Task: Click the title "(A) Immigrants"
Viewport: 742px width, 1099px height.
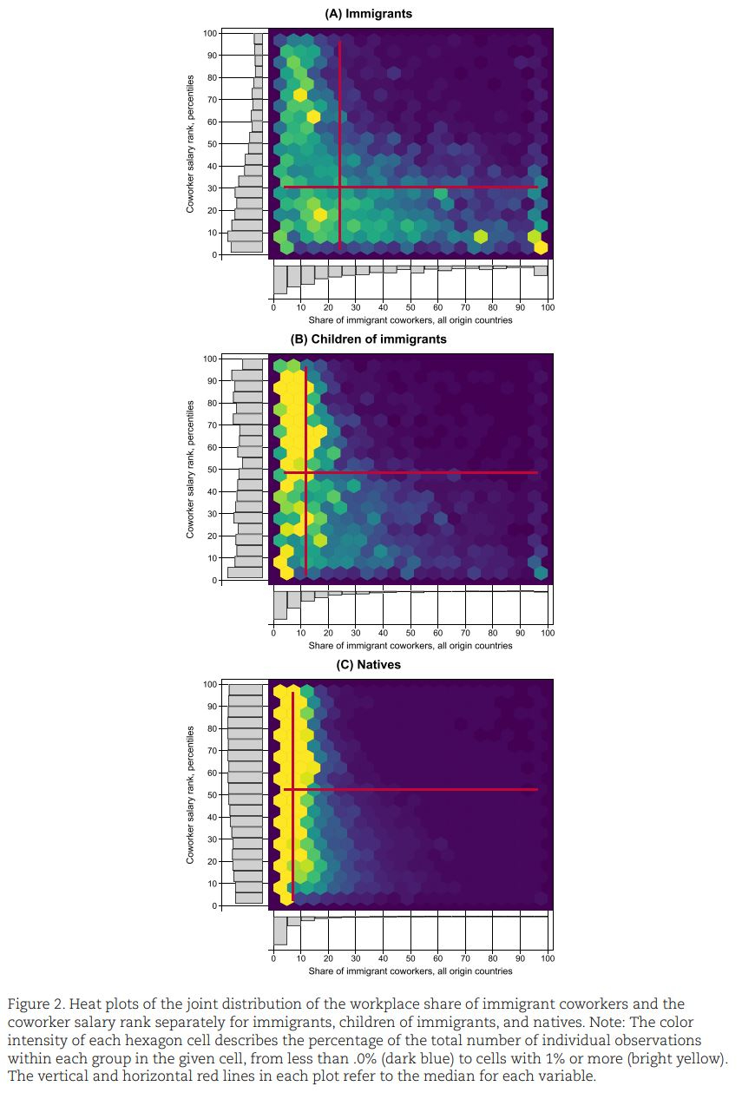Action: click(x=368, y=14)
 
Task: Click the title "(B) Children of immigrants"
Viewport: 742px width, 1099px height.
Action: click(x=368, y=339)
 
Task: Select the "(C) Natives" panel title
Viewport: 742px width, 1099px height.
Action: click(x=368, y=665)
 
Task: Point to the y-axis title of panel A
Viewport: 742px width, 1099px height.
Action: click(x=189, y=144)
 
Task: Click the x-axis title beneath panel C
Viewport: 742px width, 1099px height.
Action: click(x=410, y=971)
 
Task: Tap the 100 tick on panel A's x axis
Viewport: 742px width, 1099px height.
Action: click(x=548, y=307)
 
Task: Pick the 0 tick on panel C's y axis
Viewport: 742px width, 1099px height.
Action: click(x=213, y=906)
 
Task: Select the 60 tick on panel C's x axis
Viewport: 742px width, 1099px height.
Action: click(x=437, y=958)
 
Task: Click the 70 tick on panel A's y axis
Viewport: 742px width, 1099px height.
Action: click(x=210, y=100)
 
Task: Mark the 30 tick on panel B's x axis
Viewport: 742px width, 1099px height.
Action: click(x=355, y=633)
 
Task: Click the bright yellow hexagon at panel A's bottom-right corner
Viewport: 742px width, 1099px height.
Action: click(x=541, y=247)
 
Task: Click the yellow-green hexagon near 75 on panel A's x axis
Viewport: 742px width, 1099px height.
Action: click(x=480, y=236)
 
